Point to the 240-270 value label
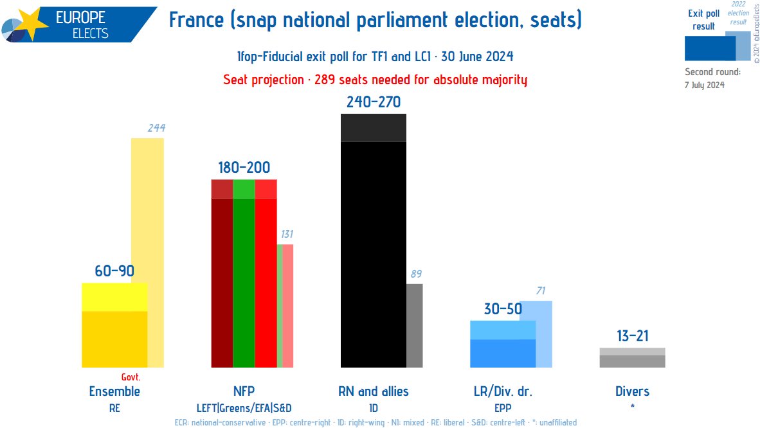coord(373,102)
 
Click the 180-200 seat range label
coord(244,168)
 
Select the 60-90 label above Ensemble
coord(114,271)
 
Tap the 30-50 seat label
coord(503,309)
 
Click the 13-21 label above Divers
coord(632,336)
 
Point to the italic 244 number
coord(156,128)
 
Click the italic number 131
coord(286,234)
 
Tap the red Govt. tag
coord(131,377)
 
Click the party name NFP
coord(244,391)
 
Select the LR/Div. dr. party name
coord(503,391)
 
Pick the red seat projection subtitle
coord(375,80)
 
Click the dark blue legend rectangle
coord(709,48)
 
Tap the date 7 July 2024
coord(705,84)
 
